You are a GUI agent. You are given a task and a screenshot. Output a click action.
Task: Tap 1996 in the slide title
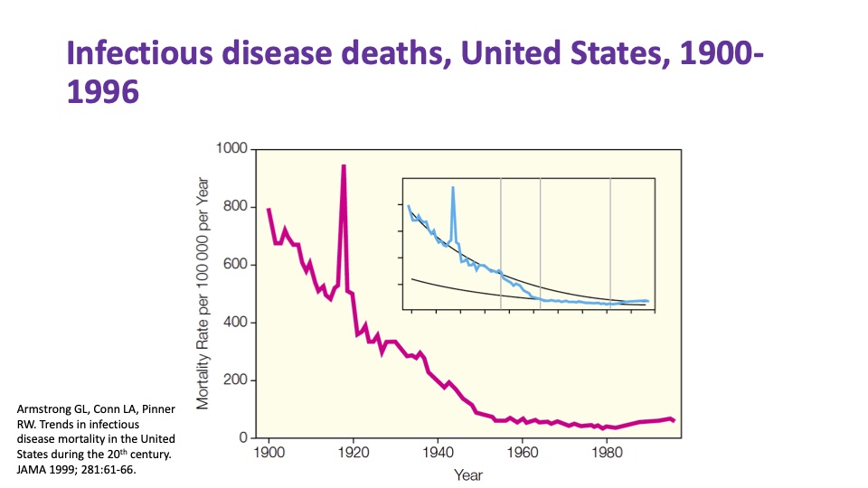[x=103, y=92]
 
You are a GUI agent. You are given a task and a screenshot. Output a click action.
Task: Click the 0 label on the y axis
[x=242, y=438]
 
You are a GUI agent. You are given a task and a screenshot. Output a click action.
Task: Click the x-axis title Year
[x=468, y=475]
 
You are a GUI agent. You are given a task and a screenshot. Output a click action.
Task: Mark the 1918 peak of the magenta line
[x=344, y=166]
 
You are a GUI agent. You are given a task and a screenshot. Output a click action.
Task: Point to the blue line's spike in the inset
[x=453, y=187]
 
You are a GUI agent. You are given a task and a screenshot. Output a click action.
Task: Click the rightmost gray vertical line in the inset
[x=610, y=244]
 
